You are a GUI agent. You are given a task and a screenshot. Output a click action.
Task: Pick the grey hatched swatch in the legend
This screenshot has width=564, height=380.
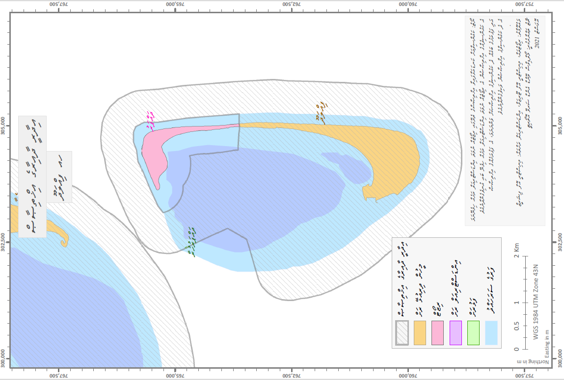tap(402, 333)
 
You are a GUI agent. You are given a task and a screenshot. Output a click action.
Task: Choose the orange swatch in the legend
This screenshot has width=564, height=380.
tap(420, 333)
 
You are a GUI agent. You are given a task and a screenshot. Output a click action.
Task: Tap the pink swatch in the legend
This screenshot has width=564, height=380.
tap(437, 333)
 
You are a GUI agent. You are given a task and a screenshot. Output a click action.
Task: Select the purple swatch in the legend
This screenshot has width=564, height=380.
tap(456, 333)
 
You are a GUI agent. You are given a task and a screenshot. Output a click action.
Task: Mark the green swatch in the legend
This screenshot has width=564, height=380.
tap(473, 333)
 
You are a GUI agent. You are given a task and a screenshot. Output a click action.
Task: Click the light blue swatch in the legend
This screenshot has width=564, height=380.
tap(491, 333)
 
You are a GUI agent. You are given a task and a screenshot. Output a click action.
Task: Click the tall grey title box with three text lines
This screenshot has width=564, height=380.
tap(32, 177)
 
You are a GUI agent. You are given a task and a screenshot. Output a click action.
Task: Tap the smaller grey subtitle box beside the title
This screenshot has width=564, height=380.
tap(59, 177)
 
